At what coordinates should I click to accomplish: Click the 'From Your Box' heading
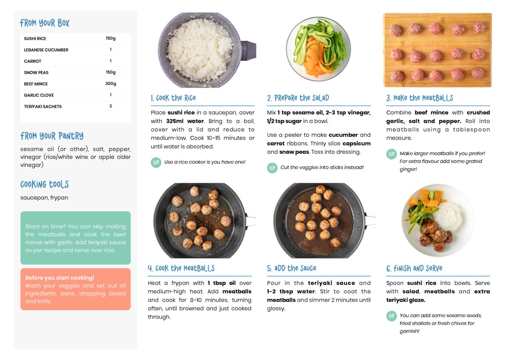click(x=45, y=23)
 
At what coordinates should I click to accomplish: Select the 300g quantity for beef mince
click(x=111, y=83)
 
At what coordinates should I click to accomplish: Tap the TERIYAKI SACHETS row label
click(x=43, y=106)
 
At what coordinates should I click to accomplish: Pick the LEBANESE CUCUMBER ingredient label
click(x=46, y=50)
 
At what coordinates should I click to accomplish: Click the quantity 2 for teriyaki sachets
click(x=111, y=106)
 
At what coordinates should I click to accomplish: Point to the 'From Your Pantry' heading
click(x=52, y=136)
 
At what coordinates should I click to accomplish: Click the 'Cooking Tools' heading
click(x=45, y=184)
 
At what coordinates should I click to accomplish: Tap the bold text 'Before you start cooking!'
click(x=59, y=278)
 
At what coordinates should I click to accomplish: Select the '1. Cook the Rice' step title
click(x=173, y=98)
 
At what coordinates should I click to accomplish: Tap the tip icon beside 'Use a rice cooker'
click(x=156, y=163)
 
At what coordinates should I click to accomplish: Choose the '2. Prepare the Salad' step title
click(x=298, y=98)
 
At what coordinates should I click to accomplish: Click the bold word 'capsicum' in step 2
click(x=357, y=144)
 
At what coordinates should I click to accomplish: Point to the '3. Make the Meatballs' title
click(x=419, y=98)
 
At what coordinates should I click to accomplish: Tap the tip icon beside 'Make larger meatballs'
click(x=391, y=154)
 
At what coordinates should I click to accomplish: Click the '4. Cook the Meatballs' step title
click(x=181, y=268)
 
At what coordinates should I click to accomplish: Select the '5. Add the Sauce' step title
click(x=292, y=268)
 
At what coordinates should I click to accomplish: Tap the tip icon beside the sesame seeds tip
click(x=391, y=316)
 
